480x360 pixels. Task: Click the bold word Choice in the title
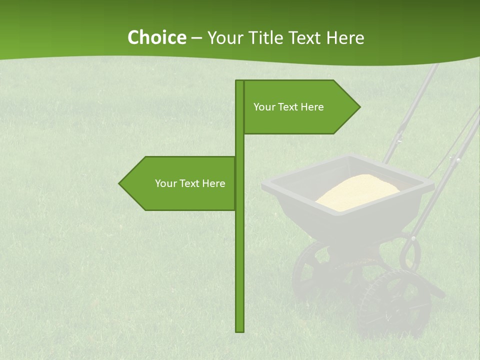[156, 38]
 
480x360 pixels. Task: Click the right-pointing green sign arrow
[300, 107]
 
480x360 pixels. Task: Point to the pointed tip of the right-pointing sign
[359, 106]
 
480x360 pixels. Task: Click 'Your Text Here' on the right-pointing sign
[288, 107]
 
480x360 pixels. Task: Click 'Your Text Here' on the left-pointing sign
[190, 183]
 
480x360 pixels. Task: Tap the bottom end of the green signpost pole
[240, 330]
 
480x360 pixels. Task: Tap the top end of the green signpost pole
[240, 82]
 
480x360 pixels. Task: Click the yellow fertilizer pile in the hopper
[357, 191]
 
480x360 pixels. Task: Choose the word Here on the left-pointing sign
[213, 183]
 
